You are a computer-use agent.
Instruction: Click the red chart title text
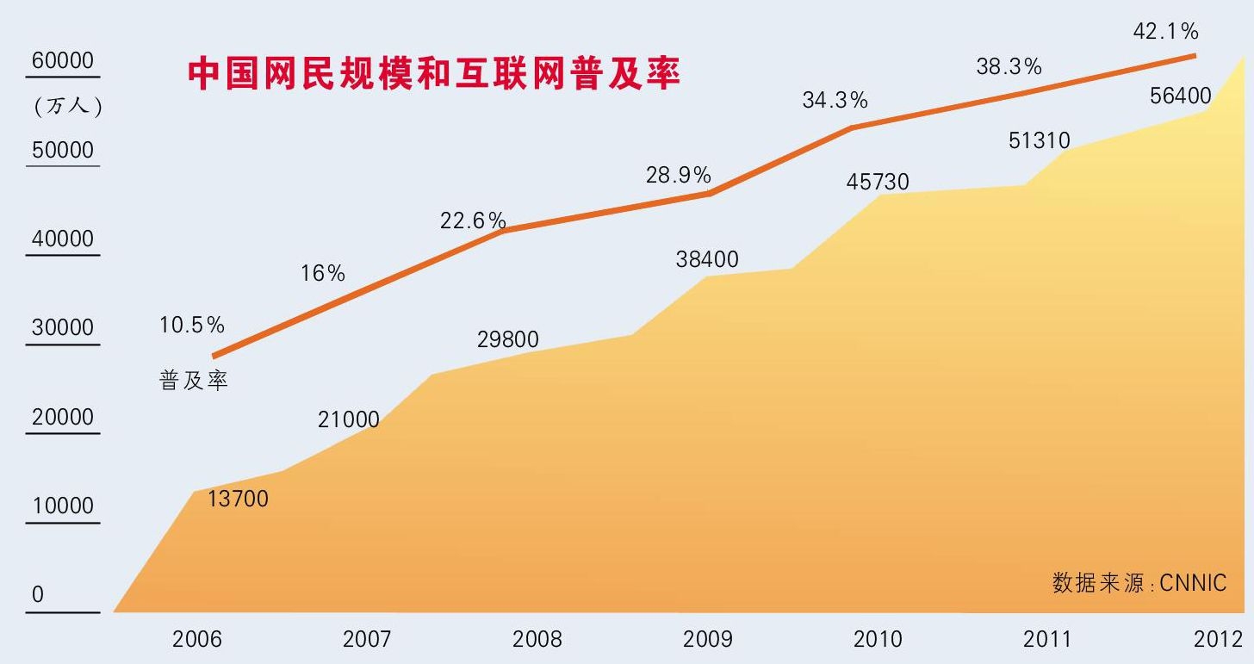[x=434, y=75]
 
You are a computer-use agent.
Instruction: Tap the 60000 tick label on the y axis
[x=62, y=62]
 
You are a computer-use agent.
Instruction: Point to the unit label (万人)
[x=68, y=107]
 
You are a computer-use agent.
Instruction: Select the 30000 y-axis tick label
[x=62, y=328]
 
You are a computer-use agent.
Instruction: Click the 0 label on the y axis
[x=38, y=595]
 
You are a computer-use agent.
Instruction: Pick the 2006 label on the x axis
[x=197, y=639]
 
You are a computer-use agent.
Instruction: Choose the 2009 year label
[x=707, y=639]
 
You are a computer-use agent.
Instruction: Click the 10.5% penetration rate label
[x=192, y=326]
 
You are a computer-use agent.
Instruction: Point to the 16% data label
[x=323, y=274]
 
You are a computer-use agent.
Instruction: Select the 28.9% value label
[x=679, y=176]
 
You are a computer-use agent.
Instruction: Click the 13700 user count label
[x=239, y=499]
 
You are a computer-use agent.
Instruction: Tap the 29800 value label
[x=507, y=340]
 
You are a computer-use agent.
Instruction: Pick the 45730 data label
[x=878, y=183]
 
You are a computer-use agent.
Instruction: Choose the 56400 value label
[x=1181, y=96]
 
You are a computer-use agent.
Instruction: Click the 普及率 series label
[x=194, y=381]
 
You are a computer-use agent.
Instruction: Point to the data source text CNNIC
[x=1139, y=583]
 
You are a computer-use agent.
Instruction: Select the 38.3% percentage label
[x=1009, y=66]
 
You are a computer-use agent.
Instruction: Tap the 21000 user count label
[x=348, y=419]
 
